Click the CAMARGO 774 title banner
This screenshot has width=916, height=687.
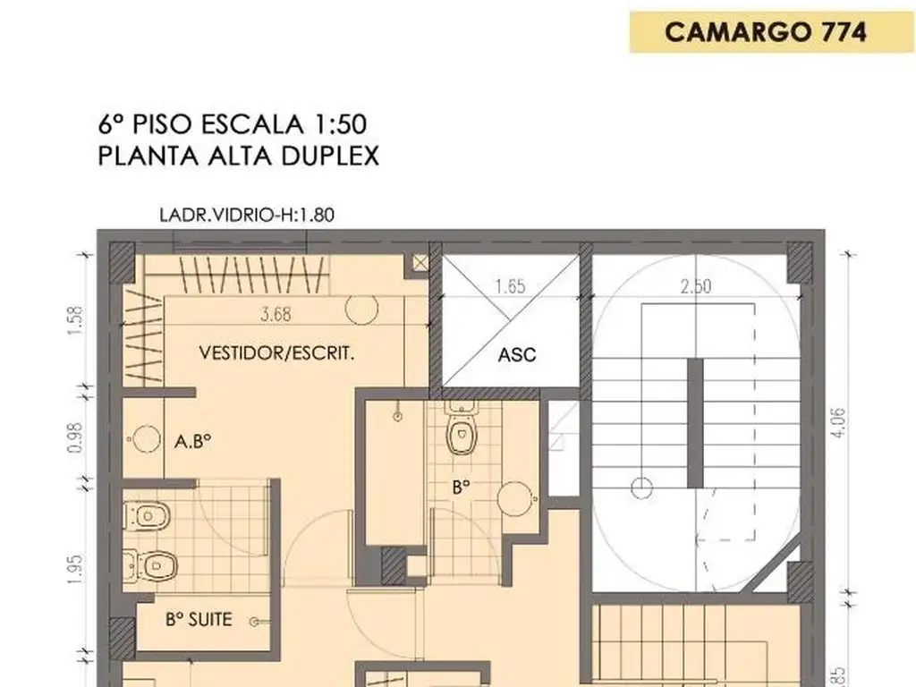(x=771, y=32)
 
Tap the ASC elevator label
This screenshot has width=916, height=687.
(x=517, y=354)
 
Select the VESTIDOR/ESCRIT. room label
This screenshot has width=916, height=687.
(x=277, y=352)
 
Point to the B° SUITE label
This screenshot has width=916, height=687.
(x=199, y=619)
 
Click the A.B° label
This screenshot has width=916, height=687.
(x=193, y=441)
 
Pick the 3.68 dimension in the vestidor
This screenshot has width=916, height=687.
(x=276, y=314)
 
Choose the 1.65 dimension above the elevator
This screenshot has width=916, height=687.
(x=510, y=286)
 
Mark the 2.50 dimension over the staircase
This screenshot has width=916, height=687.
(x=696, y=286)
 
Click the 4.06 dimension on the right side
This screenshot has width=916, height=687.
(x=837, y=422)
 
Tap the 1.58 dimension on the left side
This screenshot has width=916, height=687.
(x=75, y=320)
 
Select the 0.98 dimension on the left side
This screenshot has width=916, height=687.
(x=75, y=437)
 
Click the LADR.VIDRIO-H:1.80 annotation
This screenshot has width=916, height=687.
(x=247, y=215)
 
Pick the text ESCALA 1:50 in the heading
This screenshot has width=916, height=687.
(x=284, y=123)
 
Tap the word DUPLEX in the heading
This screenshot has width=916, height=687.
(x=330, y=156)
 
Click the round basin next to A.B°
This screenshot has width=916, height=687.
(x=147, y=439)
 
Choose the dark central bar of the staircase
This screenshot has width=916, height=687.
(x=695, y=423)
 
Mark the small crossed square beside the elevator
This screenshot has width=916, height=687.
(x=420, y=263)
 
